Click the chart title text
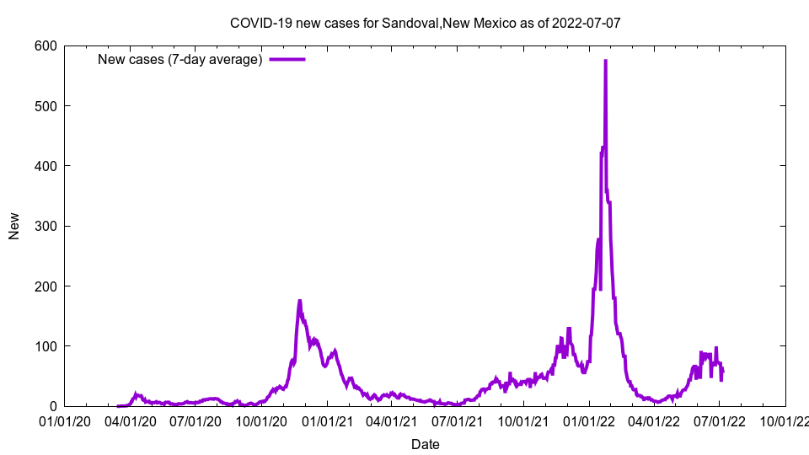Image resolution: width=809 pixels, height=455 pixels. [426, 23]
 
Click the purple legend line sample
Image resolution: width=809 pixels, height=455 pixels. [287, 59]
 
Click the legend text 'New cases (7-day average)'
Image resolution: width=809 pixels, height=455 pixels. [180, 59]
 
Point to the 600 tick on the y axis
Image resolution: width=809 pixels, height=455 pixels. [46, 45]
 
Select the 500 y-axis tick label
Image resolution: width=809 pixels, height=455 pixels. [46, 105]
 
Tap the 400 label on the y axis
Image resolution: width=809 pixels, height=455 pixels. [46, 166]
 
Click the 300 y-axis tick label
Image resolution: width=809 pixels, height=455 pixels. [46, 226]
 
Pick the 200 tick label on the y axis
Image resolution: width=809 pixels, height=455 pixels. [46, 286]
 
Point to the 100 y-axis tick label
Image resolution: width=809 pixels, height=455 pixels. [46, 346]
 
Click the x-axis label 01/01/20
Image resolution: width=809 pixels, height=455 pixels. [65, 420]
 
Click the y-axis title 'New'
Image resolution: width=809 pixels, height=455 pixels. [14, 226]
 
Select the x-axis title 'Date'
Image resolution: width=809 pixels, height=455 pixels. [425, 444]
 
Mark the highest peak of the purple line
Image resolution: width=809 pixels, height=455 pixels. [605, 61]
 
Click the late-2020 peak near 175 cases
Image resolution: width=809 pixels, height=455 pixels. [299, 301]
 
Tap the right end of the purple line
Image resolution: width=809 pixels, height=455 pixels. [722, 372]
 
